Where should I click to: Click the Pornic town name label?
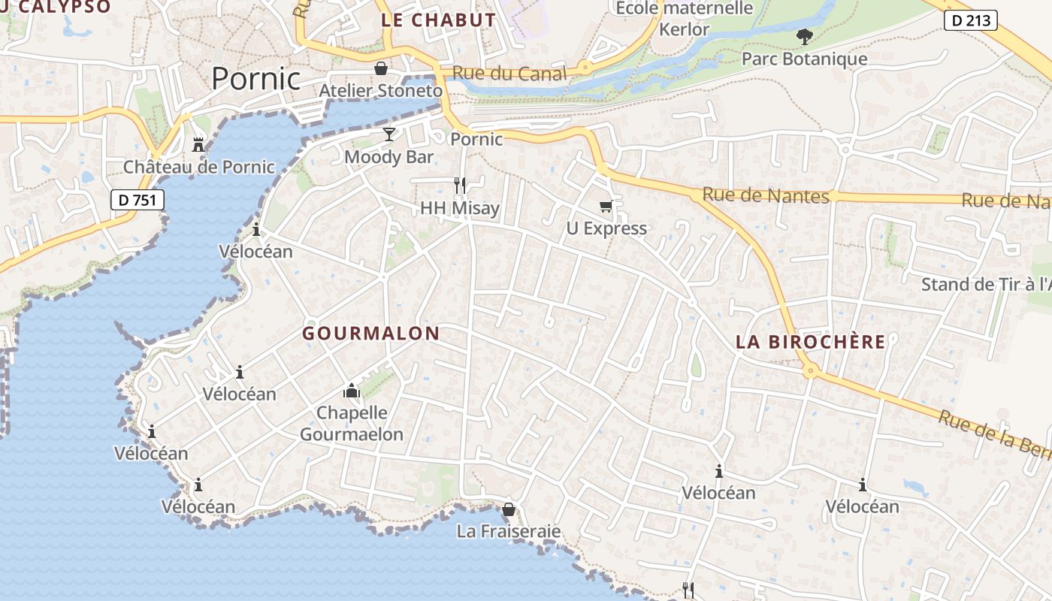click(x=255, y=78)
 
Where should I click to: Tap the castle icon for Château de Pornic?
click(x=198, y=143)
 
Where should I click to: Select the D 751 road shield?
click(x=138, y=200)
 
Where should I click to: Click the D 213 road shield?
click(x=970, y=21)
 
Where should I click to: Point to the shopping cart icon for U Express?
click(x=606, y=207)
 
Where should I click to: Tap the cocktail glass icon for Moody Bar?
click(x=388, y=134)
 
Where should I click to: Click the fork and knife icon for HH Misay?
click(x=460, y=185)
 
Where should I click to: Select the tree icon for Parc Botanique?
click(x=804, y=36)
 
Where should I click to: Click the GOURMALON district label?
click(x=370, y=334)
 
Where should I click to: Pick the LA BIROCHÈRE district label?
click(x=810, y=342)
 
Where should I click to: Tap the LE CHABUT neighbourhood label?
click(x=438, y=20)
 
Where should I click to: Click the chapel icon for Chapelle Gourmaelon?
click(x=351, y=391)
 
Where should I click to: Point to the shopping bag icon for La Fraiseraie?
click(x=508, y=509)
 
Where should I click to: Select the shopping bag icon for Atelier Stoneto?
click(x=381, y=68)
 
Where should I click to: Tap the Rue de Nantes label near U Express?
click(x=765, y=195)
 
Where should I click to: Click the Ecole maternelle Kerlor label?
click(x=684, y=19)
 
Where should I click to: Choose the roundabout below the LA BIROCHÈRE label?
click(x=809, y=370)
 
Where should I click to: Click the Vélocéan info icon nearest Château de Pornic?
click(x=256, y=229)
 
